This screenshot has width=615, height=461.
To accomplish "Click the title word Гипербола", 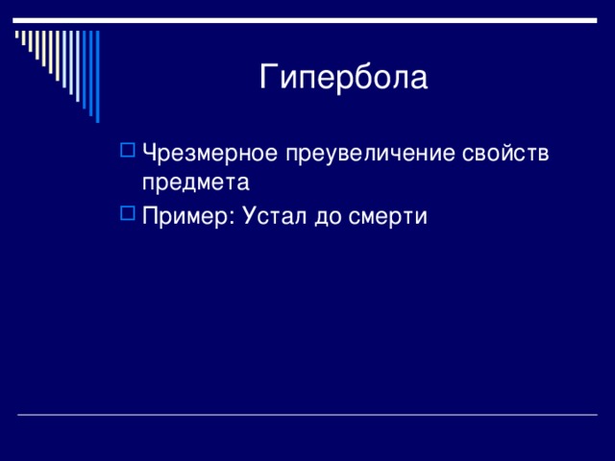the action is [343, 77].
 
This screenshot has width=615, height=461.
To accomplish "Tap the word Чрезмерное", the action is [209, 153].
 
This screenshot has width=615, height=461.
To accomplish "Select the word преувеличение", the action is [370, 154].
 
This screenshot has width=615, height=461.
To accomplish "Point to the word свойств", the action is [505, 153].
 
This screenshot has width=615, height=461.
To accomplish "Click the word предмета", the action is [195, 182].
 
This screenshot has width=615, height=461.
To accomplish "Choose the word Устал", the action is [275, 215].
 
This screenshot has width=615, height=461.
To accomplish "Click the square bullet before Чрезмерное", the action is [128, 150].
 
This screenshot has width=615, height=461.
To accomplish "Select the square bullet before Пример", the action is [128, 213].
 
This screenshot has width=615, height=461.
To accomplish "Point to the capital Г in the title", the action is [268, 77].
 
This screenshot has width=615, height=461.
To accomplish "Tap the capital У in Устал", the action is [251, 215].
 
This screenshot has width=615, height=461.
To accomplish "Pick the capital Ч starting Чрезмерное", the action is [150, 153].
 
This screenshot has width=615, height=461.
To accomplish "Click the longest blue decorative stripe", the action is [98, 77].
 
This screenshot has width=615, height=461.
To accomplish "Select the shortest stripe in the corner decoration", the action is [17, 35].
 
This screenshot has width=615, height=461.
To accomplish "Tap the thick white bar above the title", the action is [305, 20].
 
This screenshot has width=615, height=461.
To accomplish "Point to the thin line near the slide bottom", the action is [307, 414].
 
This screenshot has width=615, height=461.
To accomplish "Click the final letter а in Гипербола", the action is [419, 80].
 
